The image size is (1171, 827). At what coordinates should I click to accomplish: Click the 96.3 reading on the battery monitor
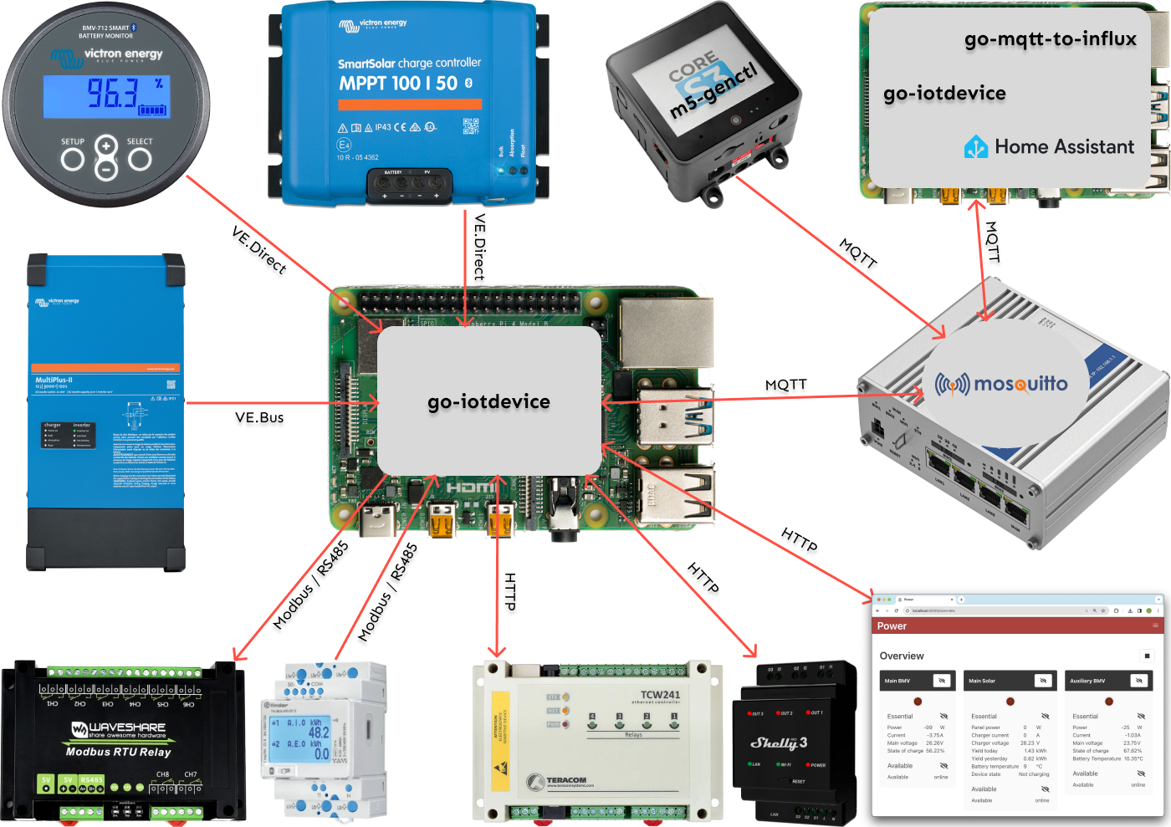point(113,94)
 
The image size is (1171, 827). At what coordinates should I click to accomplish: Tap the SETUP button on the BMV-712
point(73,159)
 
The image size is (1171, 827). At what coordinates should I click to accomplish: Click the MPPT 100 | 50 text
point(398,84)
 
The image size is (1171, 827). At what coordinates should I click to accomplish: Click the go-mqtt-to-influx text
point(1050,39)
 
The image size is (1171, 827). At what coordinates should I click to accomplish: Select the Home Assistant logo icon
point(976,147)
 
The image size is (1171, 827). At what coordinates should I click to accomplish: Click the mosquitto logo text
point(1001,384)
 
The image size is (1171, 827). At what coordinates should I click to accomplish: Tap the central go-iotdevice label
point(488,401)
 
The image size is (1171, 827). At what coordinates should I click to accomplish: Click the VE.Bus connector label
point(259,417)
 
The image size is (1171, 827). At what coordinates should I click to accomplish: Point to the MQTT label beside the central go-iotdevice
point(785,385)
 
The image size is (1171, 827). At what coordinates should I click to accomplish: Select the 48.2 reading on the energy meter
point(319,732)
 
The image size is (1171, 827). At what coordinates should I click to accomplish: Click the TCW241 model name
point(660,695)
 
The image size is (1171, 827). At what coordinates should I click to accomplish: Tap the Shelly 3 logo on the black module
point(779,743)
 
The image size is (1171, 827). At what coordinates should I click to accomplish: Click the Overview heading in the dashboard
point(902,656)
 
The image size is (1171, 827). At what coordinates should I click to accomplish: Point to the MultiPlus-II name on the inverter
point(54,380)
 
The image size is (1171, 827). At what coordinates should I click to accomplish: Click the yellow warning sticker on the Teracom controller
point(500,741)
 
